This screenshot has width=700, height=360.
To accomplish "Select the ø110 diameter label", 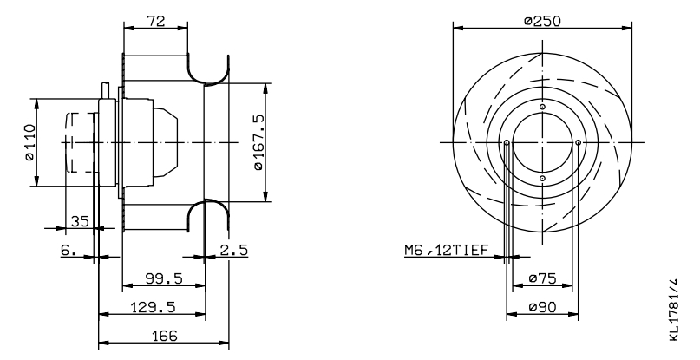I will point(29,142).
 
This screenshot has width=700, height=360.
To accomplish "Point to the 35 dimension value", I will point(79,222).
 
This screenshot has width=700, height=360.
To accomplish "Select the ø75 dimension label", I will point(542,278).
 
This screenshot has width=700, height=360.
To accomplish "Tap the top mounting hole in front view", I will point(542,107).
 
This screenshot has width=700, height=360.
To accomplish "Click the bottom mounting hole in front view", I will point(542,179).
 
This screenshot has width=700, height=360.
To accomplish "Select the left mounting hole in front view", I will point(507,142).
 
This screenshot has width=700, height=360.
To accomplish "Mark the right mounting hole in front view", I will point(579,142).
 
